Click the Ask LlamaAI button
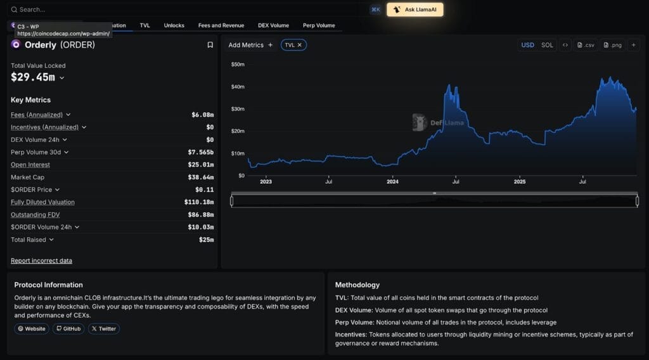(x=415, y=10)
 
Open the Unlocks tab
(x=174, y=25)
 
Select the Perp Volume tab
(x=319, y=25)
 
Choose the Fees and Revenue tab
(x=221, y=25)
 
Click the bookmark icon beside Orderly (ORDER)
(x=210, y=45)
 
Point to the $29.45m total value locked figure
(x=33, y=77)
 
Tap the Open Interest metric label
(x=31, y=165)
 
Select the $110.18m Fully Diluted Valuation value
(x=199, y=202)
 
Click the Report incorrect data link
(x=41, y=260)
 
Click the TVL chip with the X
(x=294, y=45)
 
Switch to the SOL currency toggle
(x=547, y=45)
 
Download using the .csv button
(x=586, y=45)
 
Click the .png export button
(x=613, y=45)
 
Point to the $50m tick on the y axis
(x=238, y=64)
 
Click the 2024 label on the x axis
(x=393, y=182)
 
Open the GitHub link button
(x=68, y=328)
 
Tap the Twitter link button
(x=104, y=328)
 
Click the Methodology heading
(x=357, y=285)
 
